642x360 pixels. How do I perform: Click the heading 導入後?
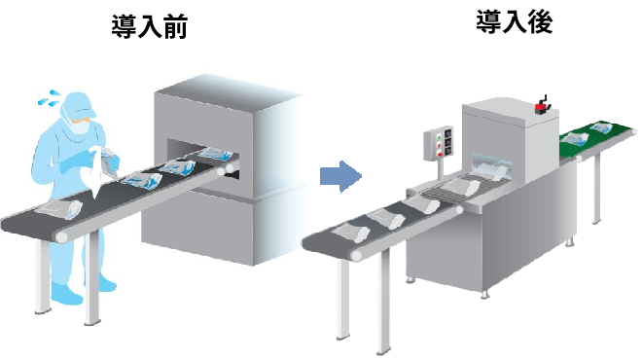coord(515,22)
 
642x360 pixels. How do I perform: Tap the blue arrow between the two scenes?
coord(340,176)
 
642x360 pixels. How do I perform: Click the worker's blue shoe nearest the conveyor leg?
coord(66,293)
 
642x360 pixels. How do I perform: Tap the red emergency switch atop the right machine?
coord(543,100)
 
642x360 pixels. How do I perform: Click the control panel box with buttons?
coord(438,147)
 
